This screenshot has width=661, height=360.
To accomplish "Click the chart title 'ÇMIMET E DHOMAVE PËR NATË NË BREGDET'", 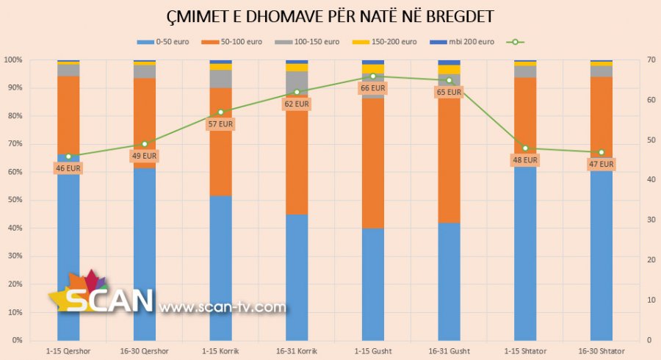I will [330, 16].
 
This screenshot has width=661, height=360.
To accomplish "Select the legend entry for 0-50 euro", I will [163, 42].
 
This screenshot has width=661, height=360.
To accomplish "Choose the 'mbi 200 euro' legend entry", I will [466, 42].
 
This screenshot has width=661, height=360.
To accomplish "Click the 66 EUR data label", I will [372, 88].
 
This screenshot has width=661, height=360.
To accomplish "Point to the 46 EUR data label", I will [68, 168].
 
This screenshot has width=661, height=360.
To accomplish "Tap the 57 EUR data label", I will [220, 124].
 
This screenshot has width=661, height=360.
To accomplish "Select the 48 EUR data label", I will [525, 160].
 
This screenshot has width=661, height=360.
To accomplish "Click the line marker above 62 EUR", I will [297, 92].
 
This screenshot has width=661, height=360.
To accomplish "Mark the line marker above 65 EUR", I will [449, 80].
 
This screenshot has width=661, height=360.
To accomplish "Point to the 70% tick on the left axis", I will [12, 144].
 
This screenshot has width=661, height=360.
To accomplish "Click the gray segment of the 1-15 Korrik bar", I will [220, 79].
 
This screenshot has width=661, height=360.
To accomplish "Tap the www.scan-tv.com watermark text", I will [222, 306].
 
